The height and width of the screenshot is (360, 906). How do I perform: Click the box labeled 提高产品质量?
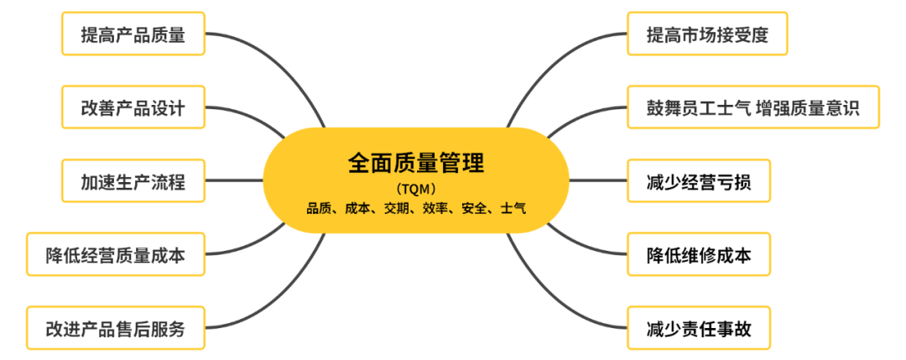[133, 34]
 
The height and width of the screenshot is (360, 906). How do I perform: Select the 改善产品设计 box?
[133, 107]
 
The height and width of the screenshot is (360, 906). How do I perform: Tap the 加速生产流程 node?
[133, 180]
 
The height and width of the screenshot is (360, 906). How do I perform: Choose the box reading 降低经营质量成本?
[115, 254]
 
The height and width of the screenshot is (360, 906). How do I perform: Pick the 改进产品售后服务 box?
[115, 328]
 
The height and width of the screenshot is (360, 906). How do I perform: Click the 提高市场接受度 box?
[707, 34]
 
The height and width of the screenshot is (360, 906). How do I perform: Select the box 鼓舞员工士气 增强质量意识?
[753, 107]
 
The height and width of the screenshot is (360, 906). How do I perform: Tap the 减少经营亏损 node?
[698, 180]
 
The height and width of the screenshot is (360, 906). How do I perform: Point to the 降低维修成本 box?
[698, 254]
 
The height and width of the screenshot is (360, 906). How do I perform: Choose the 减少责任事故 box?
[698, 328]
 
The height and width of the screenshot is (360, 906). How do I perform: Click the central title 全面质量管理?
[417, 162]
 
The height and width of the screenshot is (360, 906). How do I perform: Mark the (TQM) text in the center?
[417, 188]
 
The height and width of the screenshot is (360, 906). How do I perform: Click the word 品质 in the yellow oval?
[319, 208]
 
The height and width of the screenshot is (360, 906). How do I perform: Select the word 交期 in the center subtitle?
[397, 208]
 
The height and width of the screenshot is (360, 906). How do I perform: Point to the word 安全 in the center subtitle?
[475, 208]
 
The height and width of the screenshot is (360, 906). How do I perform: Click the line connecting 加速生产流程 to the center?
[235, 180]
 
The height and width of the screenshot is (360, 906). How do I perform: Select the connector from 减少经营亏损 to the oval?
[598, 180]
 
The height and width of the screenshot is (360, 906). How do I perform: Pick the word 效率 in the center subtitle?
[436, 208]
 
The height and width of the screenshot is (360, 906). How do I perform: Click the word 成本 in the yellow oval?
[358, 208]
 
